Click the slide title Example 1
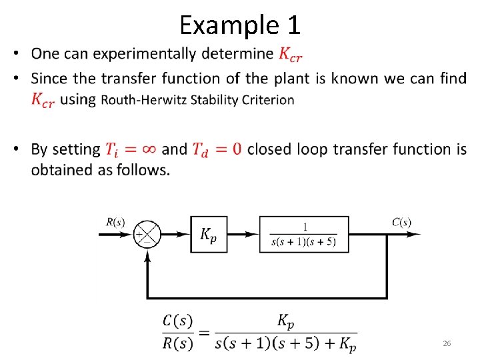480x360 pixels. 240,25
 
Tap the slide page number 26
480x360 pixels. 447,343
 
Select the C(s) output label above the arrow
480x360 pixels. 401,222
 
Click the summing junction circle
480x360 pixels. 147,234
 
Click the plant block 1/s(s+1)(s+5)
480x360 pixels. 304,234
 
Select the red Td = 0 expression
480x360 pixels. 217,149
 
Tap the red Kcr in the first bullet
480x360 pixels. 293,54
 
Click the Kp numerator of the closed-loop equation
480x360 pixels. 285,322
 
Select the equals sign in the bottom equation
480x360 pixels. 204,333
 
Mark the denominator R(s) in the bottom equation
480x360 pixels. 178,345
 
